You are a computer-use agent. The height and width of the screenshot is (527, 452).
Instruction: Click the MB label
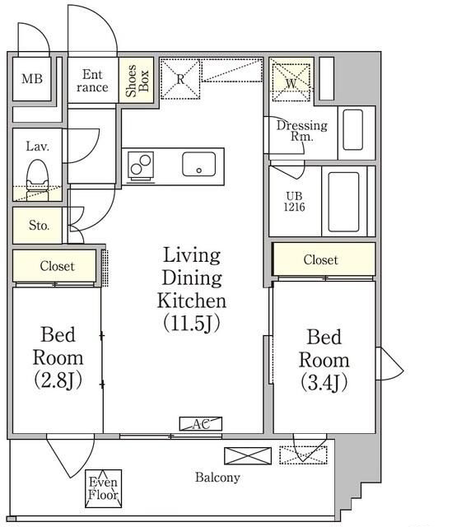point(32,79)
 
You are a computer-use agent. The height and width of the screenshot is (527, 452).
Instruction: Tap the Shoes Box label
point(137,81)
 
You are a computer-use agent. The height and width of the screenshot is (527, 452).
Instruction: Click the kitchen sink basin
point(199,164)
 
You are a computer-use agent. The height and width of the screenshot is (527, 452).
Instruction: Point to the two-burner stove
point(141,165)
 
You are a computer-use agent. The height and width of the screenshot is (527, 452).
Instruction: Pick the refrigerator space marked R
point(180,79)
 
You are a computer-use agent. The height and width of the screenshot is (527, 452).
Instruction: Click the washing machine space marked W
point(291,82)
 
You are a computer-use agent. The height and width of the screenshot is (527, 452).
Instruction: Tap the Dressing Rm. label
point(302,130)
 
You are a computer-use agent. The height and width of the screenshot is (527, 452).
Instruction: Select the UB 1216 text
point(294,201)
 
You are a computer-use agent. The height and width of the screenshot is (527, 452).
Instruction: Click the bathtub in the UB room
point(343,202)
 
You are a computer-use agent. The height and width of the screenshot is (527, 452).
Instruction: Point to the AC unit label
point(201,424)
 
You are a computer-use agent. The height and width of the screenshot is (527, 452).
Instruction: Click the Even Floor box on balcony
point(103,488)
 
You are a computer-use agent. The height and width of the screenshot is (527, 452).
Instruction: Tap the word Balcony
point(217,478)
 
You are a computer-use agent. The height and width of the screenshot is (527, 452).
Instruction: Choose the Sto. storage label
point(39,225)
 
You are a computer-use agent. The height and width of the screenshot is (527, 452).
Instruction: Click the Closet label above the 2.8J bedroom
point(57,266)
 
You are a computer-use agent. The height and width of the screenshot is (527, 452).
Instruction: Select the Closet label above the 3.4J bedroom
point(320,260)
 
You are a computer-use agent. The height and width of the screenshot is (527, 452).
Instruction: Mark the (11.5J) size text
point(192,323)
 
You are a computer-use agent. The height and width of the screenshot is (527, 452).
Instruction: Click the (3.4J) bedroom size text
point(324,382)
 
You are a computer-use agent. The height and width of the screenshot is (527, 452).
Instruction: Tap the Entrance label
point(92,81)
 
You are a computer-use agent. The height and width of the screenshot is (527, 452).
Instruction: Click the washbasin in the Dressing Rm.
point(353,130)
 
